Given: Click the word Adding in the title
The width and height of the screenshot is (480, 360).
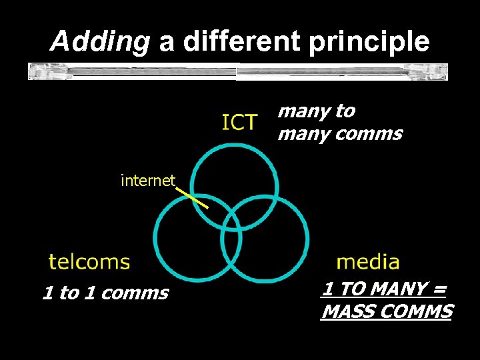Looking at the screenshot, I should (100, 42).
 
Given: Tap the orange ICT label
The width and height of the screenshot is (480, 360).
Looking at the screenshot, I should (239, 123).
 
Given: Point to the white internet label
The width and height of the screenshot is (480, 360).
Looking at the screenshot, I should (147, 180).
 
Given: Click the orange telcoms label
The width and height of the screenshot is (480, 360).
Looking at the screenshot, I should (89, 261).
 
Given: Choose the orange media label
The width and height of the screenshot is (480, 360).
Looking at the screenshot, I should (368, 261).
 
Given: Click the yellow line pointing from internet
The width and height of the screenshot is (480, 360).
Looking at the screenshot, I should (193, 198).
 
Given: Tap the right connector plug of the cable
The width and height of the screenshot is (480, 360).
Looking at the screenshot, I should (437, 71).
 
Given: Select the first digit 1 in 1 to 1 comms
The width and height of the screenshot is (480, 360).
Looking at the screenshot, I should (47, 293).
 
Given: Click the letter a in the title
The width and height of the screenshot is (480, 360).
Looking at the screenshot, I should (167, 42).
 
